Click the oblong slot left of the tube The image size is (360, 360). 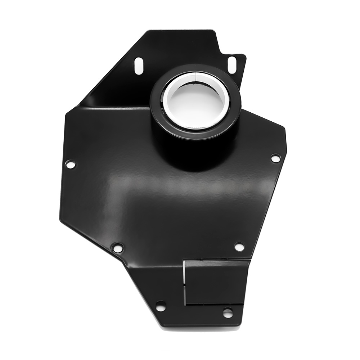tap(139, 66)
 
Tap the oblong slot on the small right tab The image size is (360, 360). tap(232, 64)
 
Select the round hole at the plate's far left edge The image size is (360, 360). tap(70, 165)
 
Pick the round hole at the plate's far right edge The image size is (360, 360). tap(275, 158)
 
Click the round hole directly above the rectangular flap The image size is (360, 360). tap(239, 247)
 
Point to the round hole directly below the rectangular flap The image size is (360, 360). tap(228, 312)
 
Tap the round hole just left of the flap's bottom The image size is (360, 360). tap(161, 306)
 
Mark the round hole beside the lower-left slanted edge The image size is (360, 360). tap(117, 248)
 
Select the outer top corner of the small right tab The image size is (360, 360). tap(245, 55)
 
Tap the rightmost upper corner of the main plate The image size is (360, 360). tap(284, 129)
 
